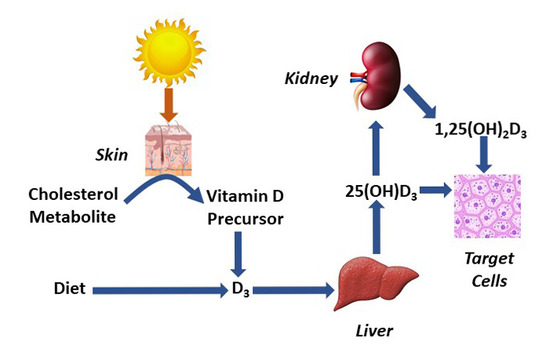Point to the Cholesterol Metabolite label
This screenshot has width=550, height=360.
coord(72,204)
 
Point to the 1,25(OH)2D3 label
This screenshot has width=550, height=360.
coord(479,131)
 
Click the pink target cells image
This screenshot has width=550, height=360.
coord(487,205)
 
